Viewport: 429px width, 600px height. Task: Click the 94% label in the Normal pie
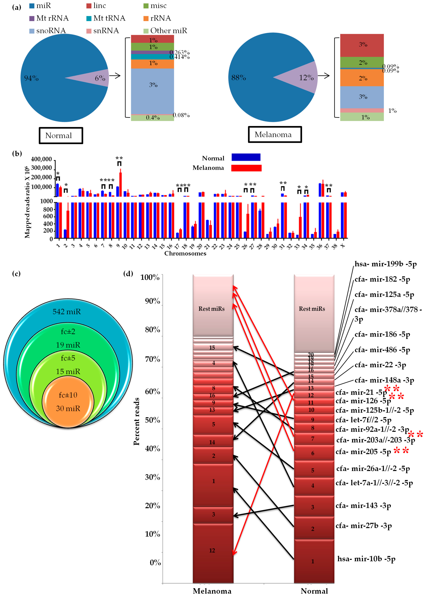31,78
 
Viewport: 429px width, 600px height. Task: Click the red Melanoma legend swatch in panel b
246,168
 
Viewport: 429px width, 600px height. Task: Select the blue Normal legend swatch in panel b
246,157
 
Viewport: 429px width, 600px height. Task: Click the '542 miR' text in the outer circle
67,312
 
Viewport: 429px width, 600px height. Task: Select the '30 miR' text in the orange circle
68,409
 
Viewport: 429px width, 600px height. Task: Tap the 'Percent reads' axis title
136,421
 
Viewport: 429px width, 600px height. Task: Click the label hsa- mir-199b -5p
385,264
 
